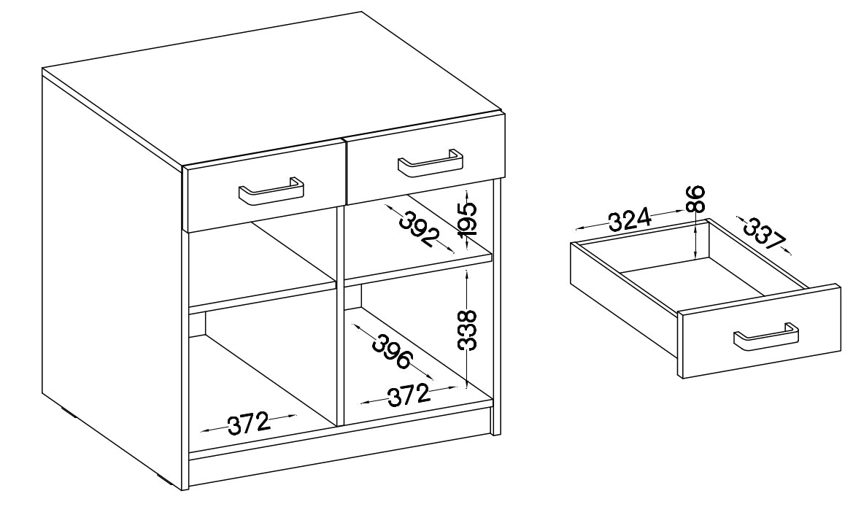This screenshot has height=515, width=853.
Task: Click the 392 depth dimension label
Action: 419,229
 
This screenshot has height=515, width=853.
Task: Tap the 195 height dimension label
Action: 467,218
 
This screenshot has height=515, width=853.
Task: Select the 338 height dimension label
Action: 467,330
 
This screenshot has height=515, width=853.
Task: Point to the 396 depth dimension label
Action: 392,352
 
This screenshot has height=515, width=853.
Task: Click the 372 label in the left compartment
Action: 249,423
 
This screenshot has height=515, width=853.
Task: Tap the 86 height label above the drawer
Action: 695,199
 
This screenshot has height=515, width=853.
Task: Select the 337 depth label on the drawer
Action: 764,233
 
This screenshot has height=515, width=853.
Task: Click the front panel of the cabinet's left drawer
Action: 265,185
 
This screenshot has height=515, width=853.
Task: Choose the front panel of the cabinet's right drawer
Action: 425,158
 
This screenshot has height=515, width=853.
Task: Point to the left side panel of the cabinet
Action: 112,272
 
